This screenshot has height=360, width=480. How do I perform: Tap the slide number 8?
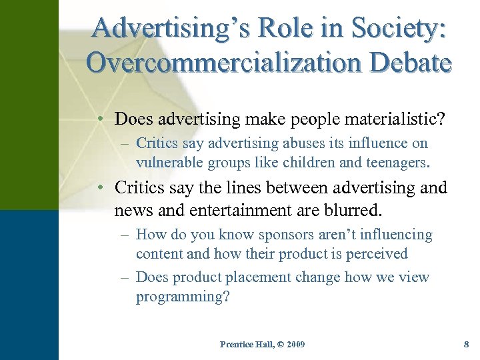click(466, 344)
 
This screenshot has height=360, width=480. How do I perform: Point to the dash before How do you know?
click(126, 235)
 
